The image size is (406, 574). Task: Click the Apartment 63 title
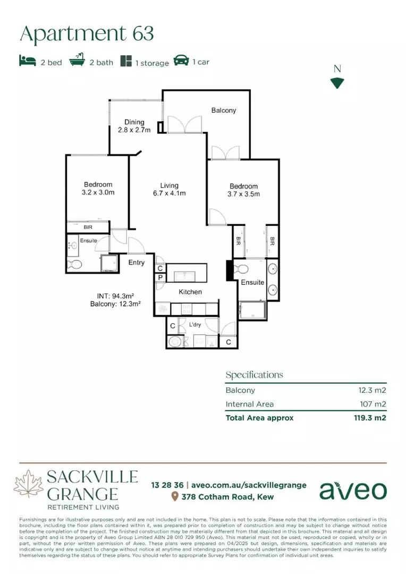click(87, 33)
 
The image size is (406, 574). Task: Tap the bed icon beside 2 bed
click(27, 62)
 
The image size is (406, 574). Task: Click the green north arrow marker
click(337, 83)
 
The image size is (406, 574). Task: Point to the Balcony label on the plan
click(223, 111)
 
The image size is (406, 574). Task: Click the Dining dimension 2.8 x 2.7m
click(134, 130)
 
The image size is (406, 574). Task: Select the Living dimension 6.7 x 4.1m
click(169, 193)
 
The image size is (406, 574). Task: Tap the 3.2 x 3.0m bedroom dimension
click(97, 193)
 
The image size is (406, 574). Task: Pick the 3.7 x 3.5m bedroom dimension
click(243, 194)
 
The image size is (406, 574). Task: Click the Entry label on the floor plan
click(137, 263)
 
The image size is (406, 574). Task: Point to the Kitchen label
click(190, 292)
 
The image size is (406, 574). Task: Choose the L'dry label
click(195, 324)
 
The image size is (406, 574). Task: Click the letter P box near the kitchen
click(159, 277)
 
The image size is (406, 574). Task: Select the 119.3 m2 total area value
click(370, 418)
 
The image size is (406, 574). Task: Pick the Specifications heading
click(254, 375)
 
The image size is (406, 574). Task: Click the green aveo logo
click(353, 490)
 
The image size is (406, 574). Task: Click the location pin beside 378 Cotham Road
click(174, 497)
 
